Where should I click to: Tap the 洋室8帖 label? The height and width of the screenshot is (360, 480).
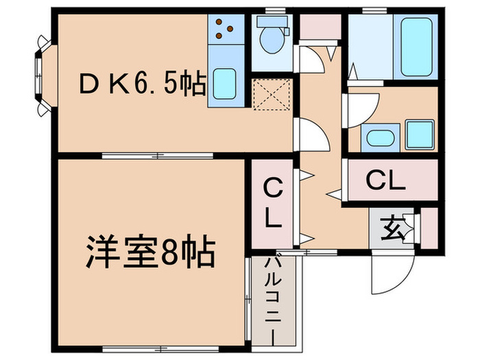(x=150, y=254)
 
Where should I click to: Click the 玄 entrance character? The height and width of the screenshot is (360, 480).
(x=393, y=226)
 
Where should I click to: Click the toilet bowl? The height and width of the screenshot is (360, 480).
(x=272, y=42)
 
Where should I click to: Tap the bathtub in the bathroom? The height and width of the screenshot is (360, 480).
(x=416, y=46)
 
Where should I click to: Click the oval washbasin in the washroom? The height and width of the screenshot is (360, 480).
(x=379, y=137)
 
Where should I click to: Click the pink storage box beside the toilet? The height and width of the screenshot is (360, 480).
(x=320, y=26)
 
